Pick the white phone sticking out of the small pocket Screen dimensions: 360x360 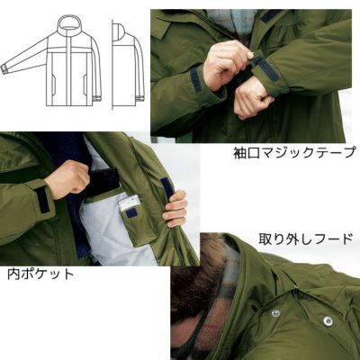(x=130, y=202)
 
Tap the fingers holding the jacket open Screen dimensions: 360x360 (x=175, y=209)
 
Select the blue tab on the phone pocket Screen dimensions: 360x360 (x=131, y=213)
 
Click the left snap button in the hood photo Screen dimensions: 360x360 (x=275, y=313)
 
